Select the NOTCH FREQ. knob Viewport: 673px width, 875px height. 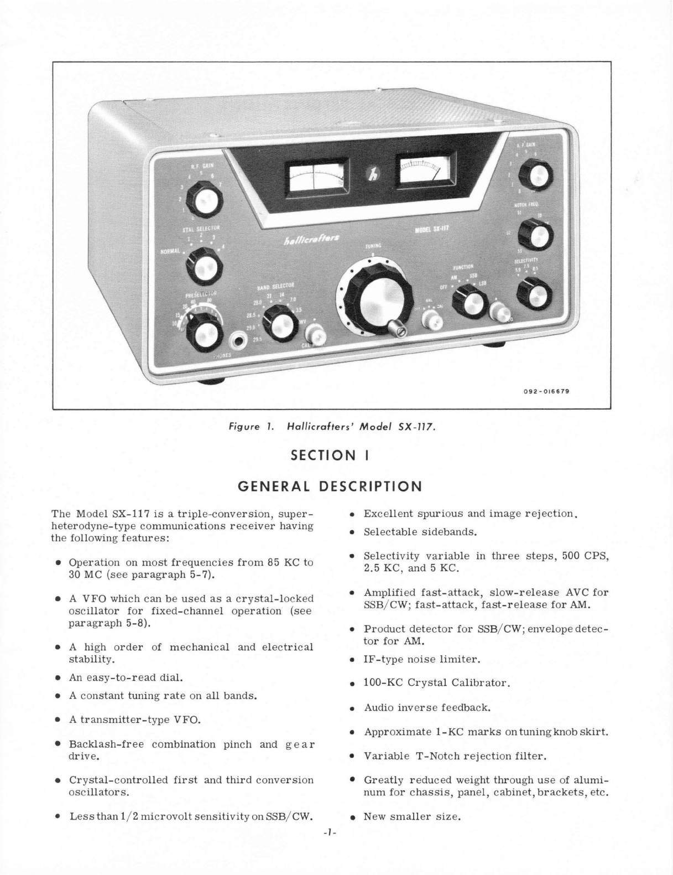pyautogui.click(x=535, y=235)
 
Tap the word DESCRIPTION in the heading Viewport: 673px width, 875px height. pyautogui.click(x=371, y=486)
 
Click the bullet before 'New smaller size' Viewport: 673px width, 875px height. pyautogui.click(x=352, y=817)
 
